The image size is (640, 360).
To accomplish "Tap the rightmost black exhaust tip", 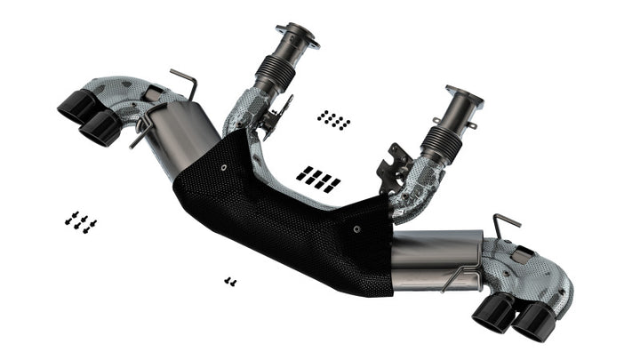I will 532,323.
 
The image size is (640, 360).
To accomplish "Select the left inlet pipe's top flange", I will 297,36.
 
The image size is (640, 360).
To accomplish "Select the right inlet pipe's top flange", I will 464,95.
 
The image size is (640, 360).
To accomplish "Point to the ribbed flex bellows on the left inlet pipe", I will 274,72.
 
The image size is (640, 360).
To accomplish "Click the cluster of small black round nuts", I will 333,119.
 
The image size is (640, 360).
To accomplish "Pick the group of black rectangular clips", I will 318,178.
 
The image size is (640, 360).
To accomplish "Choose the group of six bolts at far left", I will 80,221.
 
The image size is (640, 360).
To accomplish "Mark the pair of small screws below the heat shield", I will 230,281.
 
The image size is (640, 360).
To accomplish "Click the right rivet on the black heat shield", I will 356,229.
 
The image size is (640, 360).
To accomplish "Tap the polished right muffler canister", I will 436,260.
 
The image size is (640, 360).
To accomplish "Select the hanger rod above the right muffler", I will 506,223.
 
